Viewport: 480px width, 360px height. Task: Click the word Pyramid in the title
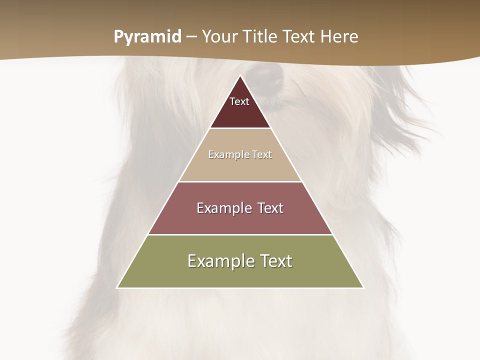[x=147, y=37]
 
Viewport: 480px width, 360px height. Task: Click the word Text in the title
[x=300, y=36]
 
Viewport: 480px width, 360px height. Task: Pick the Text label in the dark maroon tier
[x=239, y=101]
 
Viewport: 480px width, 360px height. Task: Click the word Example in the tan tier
[x=227, y=154]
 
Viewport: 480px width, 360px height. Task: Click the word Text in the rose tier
[x=270, y=208]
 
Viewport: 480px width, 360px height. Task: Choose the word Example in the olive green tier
[x=218, y=261]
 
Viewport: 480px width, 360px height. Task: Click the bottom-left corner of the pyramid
[x=117, y=287]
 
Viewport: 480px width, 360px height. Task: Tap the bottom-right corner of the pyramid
[x=363, y=287]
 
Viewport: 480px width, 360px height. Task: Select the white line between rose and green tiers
[x=240, y=234]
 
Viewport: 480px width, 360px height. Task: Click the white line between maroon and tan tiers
[x=240, y=128]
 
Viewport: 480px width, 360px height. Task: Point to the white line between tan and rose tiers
[x=240, y=181]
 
